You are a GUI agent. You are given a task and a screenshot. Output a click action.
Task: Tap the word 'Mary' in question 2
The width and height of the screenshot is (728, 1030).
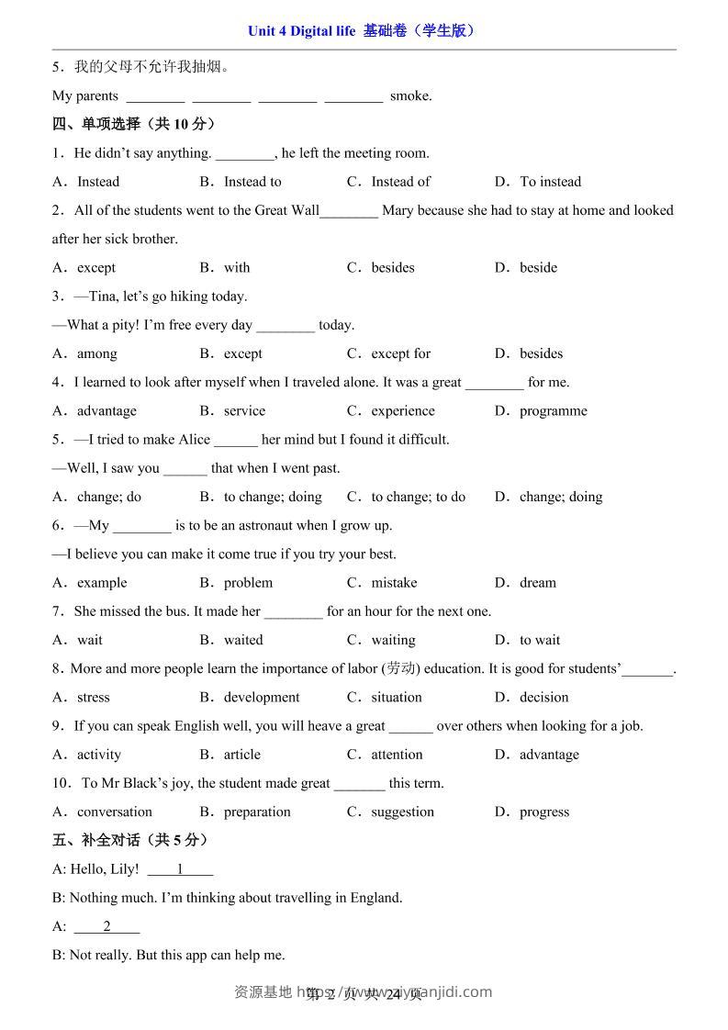398,210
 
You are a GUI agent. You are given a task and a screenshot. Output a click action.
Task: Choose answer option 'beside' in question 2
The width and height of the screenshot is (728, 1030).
538,268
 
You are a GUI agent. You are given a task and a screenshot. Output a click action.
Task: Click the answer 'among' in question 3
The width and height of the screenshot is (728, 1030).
96,353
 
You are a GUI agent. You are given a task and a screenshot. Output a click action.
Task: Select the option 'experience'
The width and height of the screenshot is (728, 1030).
403,411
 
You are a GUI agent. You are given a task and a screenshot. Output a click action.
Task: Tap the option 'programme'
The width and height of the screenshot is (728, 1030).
553,411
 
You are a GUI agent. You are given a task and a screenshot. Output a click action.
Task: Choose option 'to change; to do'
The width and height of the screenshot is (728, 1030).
418,497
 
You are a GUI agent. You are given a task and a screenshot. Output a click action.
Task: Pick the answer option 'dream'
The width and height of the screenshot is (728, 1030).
537,583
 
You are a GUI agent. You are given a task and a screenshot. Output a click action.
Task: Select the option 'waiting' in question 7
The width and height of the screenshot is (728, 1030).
393,640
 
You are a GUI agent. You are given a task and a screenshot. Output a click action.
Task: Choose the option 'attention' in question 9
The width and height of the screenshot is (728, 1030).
397,755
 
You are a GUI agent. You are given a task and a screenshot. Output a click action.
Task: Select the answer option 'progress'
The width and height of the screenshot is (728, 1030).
544,812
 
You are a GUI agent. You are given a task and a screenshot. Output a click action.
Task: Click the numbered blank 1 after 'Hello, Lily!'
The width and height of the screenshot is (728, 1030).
180,869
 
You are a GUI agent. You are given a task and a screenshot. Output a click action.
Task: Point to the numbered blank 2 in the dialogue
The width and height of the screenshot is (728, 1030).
106,926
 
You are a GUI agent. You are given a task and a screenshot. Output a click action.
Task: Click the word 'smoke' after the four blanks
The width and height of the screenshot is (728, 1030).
409,96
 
